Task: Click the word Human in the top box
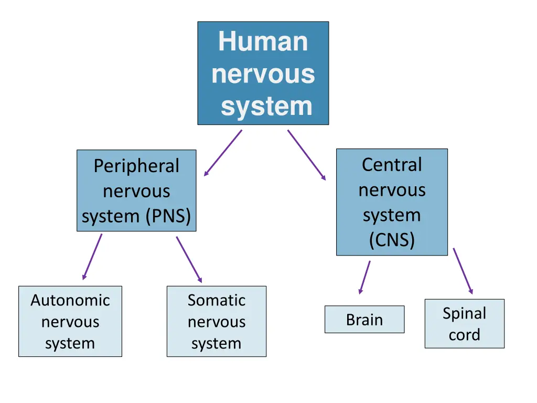(263, 41)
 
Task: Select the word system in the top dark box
(266, 106)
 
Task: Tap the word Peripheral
(136, 166)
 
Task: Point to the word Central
(392, 165)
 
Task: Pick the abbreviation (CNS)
(392, 240)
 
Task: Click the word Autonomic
(70, 300)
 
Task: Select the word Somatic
(217, 300)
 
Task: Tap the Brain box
(364, 320)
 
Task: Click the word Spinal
(464, 313)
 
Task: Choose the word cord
(464, 335)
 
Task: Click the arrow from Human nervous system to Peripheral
(223, 153)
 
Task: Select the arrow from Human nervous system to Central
(306, 155)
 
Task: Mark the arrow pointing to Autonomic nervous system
(92, 257)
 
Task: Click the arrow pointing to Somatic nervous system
(189, 259)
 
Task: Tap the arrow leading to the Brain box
(364, 277)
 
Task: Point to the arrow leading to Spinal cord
(463, 271)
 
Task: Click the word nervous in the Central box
(392, 190)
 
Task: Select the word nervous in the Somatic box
(217, 322)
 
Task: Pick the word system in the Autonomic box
(70, 344)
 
